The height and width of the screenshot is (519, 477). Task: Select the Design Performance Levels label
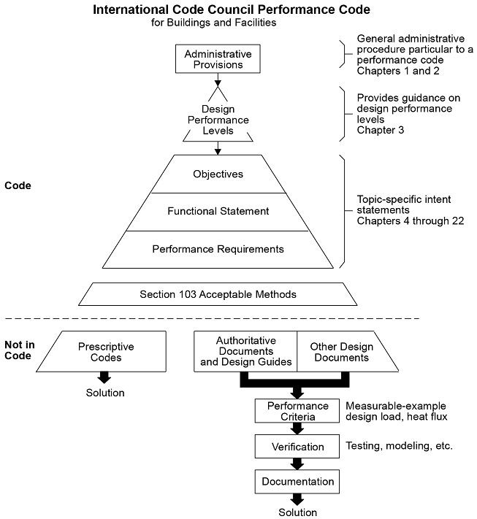(218, 120)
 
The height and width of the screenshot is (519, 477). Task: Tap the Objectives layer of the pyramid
(218, 174)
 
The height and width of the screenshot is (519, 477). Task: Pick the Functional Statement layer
(218, 212)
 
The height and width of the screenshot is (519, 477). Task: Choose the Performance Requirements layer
(218, 249)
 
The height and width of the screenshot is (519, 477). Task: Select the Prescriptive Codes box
(106, 353)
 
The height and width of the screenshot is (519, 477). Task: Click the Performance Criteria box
(297, 411)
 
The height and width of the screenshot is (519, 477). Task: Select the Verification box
(297, 445)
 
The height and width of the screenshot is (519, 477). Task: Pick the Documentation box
(297, 482)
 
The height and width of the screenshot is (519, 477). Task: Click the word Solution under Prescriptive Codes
(104, 393)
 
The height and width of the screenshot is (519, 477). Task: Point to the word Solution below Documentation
(297, 512)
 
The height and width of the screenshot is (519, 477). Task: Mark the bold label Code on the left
(18, 186)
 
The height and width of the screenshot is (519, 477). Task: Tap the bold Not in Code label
(18, 348)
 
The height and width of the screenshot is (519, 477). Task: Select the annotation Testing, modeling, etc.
(398, 444)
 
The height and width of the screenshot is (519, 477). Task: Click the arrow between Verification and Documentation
(297, 464)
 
